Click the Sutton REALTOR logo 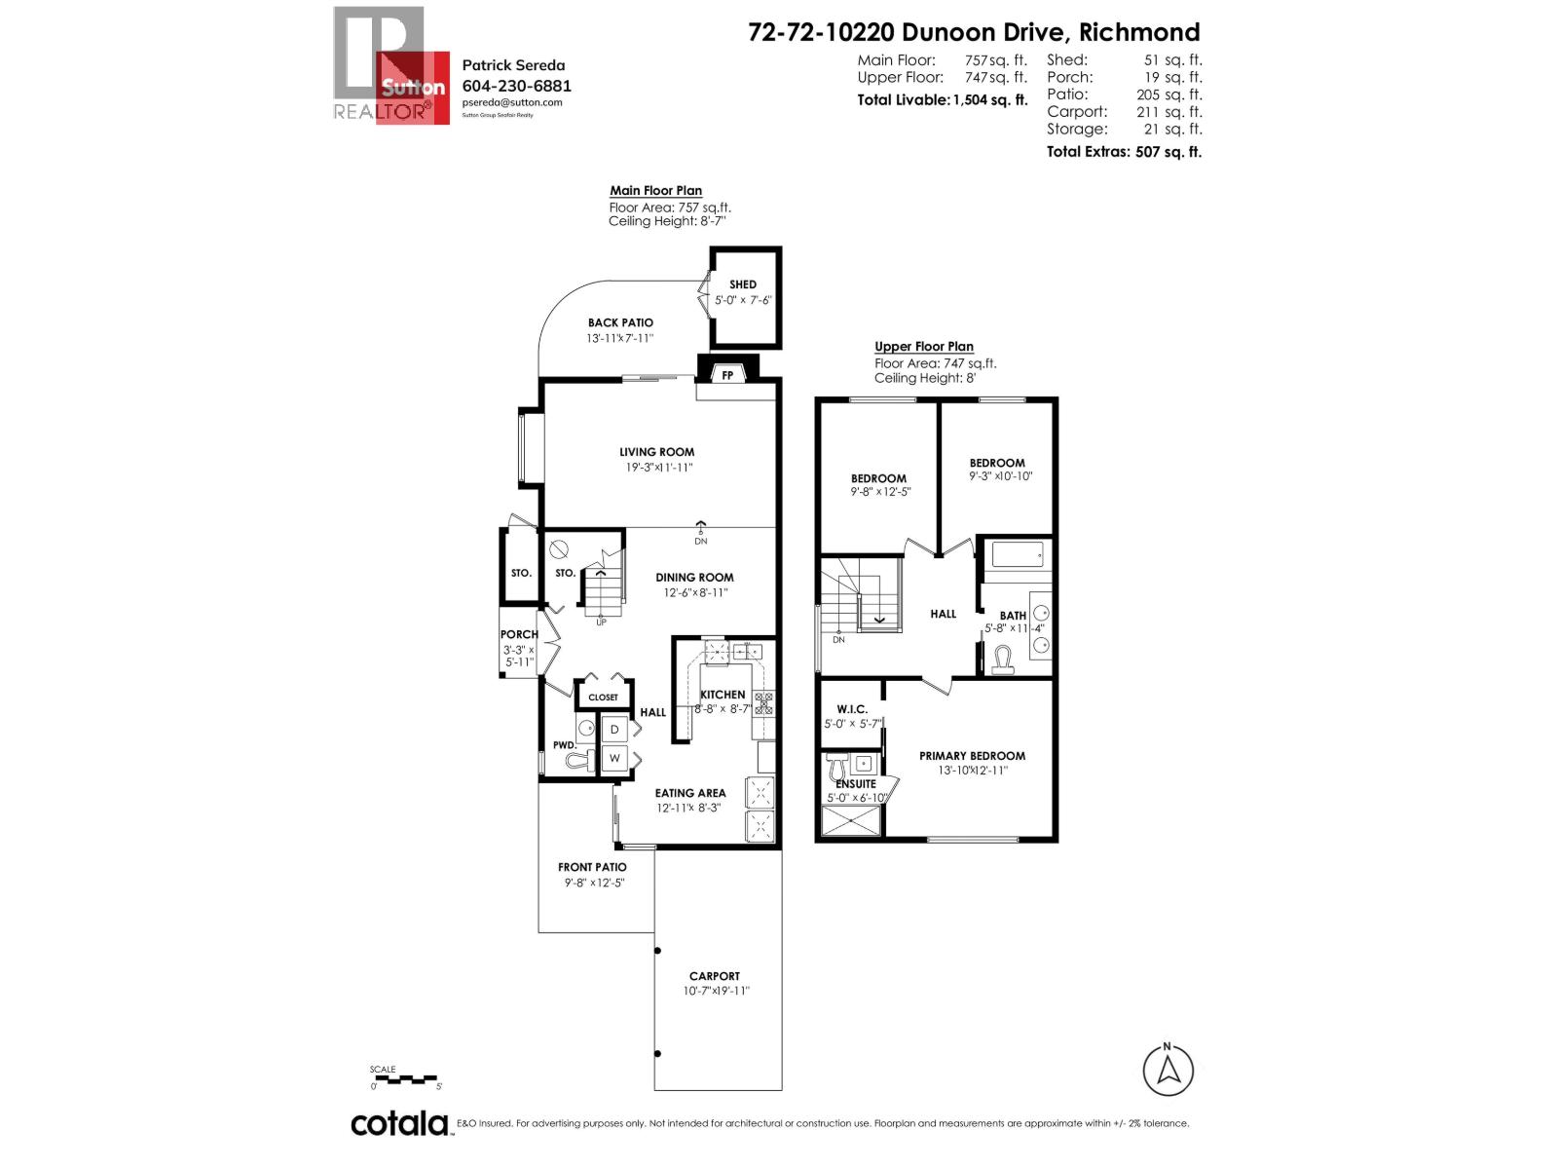(390, 66)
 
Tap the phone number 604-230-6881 (516, 86)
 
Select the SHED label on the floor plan (743, 284)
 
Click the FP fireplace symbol (726, 374)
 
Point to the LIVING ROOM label (657, 452)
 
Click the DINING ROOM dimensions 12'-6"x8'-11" (694, 592)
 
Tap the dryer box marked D (614, 729)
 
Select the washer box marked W (614, 758)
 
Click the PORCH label (519, 634)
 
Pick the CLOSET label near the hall (604, 698)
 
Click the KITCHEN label (723, 695)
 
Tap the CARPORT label (715, 976)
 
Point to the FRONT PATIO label (592, 867)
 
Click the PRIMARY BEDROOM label (972, 756)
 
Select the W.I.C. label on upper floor (852, 709)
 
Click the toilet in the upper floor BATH (1003, 662)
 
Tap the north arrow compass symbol (1168, 1070)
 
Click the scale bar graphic (405, 1078)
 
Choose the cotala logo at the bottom (399, 1123)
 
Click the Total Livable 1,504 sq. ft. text (942, 99)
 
